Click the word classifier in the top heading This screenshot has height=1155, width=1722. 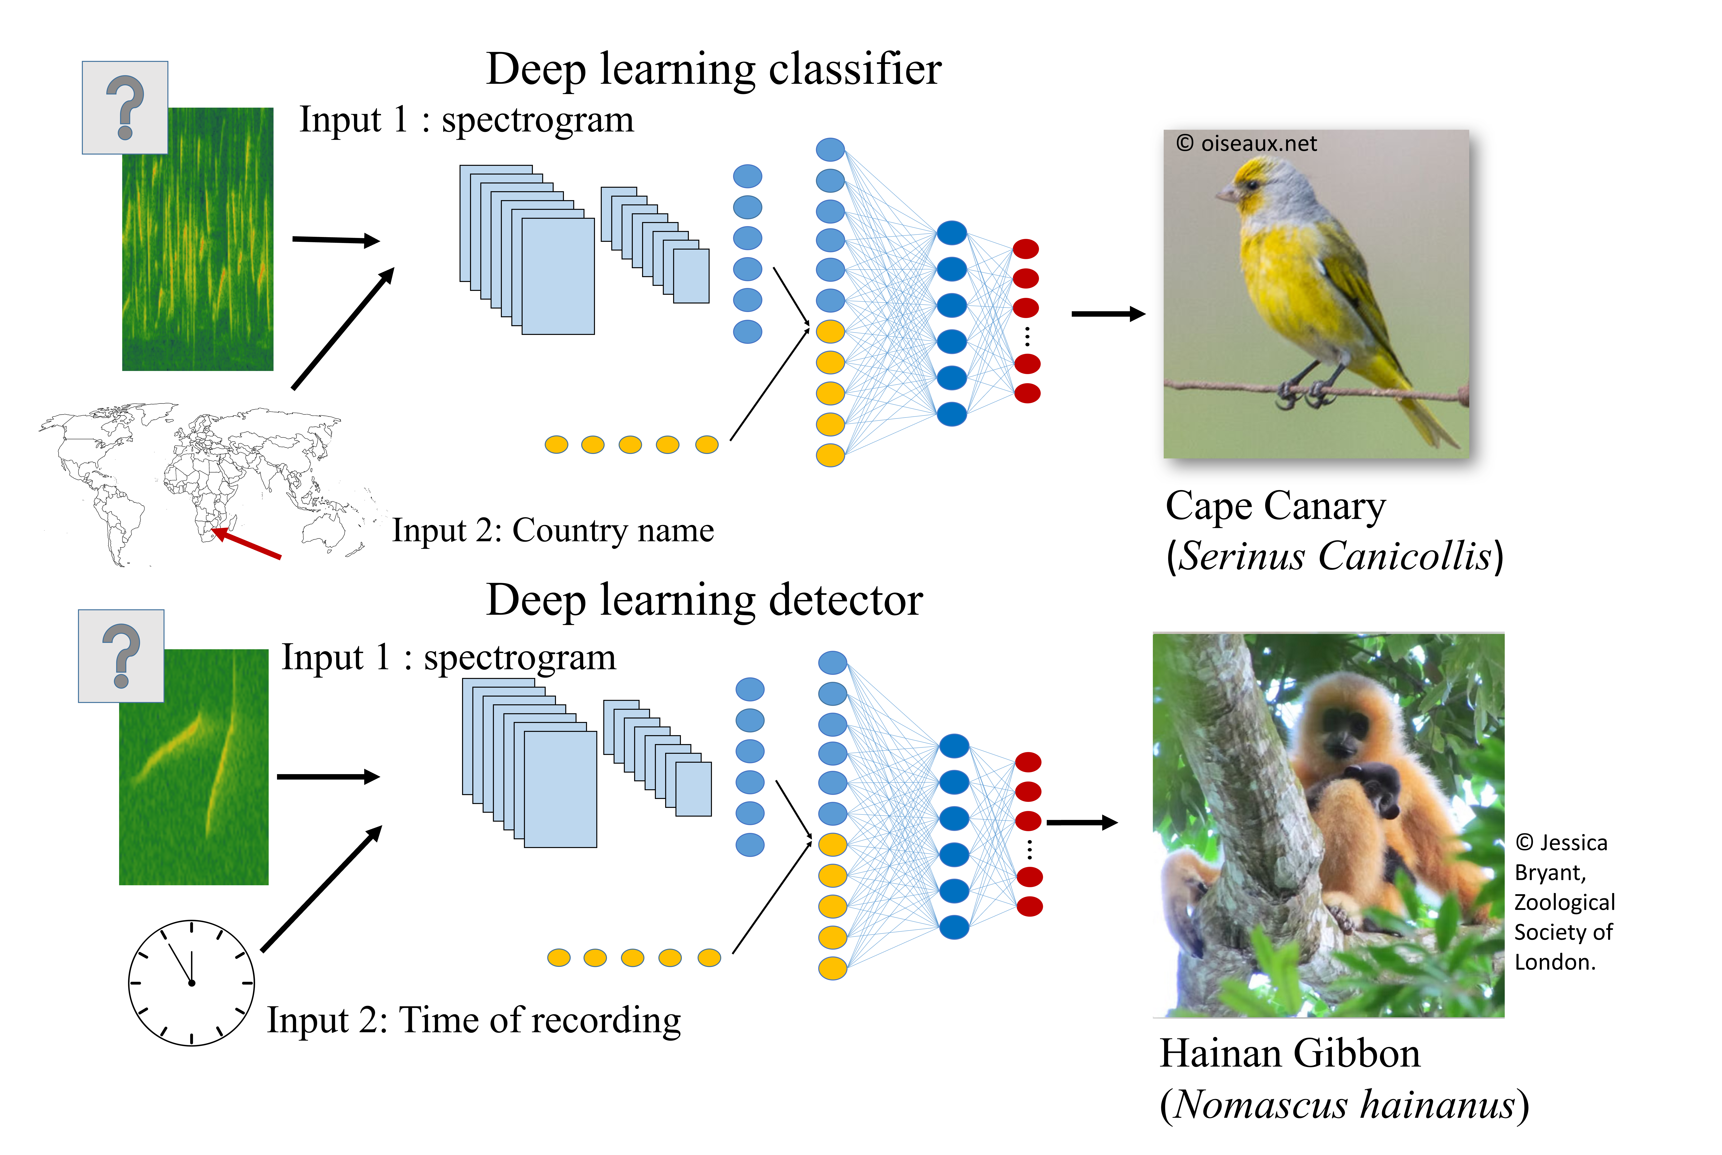[855, 70]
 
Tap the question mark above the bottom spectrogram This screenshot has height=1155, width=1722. [122, 656]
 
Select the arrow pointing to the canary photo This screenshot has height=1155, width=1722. [1107, 314]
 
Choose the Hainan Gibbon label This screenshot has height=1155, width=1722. [1289, 1053]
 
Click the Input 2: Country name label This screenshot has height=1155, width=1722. [553, 530]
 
